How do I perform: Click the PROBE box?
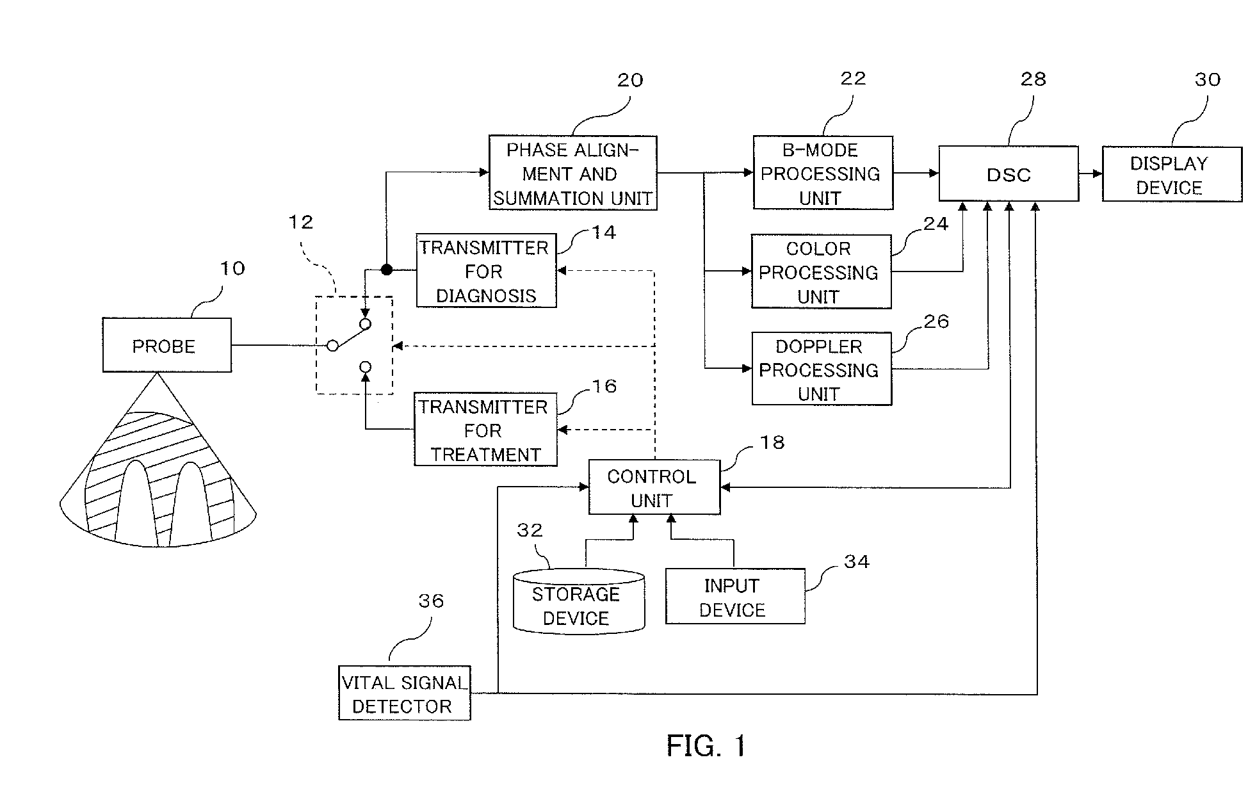(166, 345)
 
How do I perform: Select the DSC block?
(1009, 174)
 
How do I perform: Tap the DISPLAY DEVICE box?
(1171, 174)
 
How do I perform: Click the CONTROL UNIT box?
(654, 487)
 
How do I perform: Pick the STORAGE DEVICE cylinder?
(579, 601)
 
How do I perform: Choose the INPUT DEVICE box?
(735, 596)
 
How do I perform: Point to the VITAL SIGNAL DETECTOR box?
(405, 693)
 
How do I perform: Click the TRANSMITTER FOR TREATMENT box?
(485, 430)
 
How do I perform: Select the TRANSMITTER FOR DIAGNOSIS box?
(486, 271)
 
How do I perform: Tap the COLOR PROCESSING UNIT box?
(821, 272)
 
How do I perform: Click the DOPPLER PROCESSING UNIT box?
(822, 369)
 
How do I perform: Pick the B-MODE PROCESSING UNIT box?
(823, 173)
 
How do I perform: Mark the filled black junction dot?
(386, 270)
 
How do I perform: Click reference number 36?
(431, 601)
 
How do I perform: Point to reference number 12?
(301, 222)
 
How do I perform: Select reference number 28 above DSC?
(1033, 79)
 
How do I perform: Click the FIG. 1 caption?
(706, 746)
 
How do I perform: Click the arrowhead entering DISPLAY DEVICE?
(1098, 174)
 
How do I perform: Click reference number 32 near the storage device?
(530, 530)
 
